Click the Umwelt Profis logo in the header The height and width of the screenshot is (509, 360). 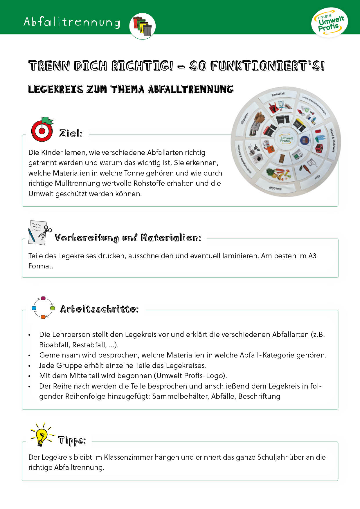tap(330, 23)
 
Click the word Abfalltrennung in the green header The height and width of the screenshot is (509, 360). tap(72, 22)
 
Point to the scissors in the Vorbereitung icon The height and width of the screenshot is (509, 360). tap(45, 232)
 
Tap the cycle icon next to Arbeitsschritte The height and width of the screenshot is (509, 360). tap(43, 308)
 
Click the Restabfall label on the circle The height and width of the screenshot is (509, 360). tap(278, 94)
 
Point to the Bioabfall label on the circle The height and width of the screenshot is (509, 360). tap(275, 188)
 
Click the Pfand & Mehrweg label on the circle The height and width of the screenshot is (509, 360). tap(332, 140)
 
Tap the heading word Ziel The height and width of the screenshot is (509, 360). tap(71, 133)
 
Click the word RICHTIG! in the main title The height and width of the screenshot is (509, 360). tap(142, 66)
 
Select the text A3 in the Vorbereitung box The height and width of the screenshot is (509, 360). tap(312, 256)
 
